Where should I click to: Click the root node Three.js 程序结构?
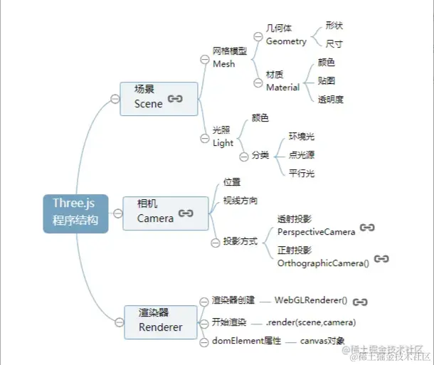[75, 212]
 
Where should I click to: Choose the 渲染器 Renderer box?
[160, 321]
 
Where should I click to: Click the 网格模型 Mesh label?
[229, 58]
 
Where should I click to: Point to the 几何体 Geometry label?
[286, 35]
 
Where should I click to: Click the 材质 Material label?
[282, 81]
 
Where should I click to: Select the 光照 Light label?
[223, 137]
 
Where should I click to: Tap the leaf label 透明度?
[331, 100]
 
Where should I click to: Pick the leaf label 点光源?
[302, 154]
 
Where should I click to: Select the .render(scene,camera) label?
[310, 322]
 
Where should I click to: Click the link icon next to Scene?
[176, 98]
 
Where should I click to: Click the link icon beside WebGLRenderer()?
[360, 302]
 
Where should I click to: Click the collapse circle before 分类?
[245, 155]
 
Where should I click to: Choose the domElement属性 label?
[242, 342]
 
